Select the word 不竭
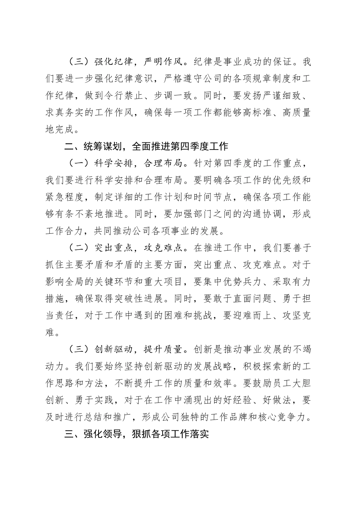pyautogui.click(x=302, y=349)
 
